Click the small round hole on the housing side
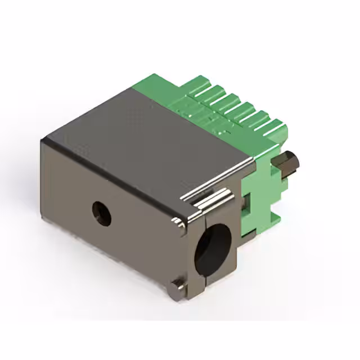pyautogui.click(x=102, y=213)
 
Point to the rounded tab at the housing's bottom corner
pyautogui.click(x=177, y=287)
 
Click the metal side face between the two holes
pyautogui.click(x=146, y=231)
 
